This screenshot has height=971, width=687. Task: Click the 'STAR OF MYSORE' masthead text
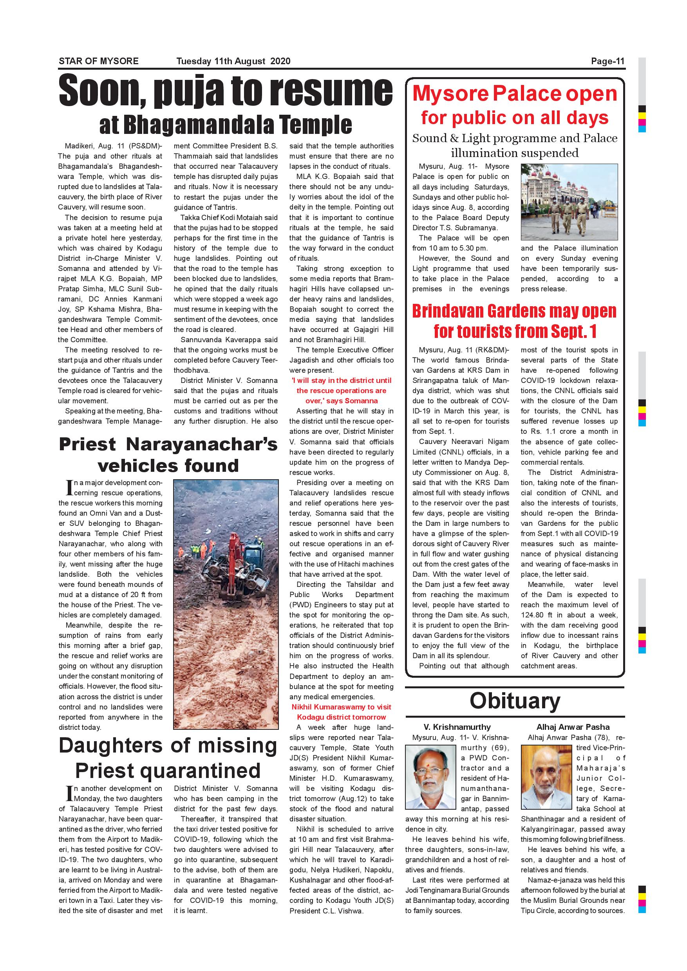(99, 61)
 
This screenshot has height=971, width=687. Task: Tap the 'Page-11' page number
(607, 61)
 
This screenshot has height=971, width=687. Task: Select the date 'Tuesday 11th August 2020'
(233, 61)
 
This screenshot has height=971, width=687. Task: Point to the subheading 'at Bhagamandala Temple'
(226, 125)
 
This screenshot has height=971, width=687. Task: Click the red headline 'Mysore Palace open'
(515, 94)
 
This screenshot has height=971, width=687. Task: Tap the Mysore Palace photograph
(569, 202)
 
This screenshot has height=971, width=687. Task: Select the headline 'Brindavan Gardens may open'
(514, 311)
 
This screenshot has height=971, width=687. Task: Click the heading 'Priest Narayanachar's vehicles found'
(168, 455)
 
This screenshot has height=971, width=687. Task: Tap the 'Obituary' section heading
(515, 700)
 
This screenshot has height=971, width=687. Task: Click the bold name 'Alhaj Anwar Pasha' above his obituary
(573, 727)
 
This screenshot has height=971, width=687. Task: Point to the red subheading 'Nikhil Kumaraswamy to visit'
(342, 707)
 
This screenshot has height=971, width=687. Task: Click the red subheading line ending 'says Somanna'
(342, 401)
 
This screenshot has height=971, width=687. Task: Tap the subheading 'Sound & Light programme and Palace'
(515, 138)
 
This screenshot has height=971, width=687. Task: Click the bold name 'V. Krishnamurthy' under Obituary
(457, 727)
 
